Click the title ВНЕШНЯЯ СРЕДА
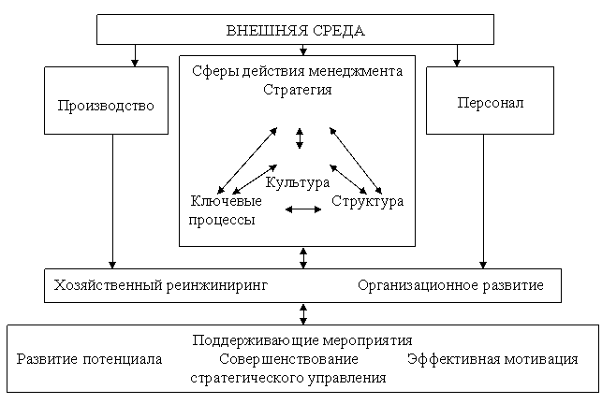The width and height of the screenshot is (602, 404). pyautogui.click(x=295, y=30)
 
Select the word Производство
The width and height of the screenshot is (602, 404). pyautogui.click(x=106, y=106)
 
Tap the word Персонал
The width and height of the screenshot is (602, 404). pyautogui.click(x=491, y=103)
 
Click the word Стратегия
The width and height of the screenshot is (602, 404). pyautogui.click(x=297, y=90)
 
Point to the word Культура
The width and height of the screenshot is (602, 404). pyautogui.click(x=298, y=182)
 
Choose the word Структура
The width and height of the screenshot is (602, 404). pyautogui.click(x=367, y=201)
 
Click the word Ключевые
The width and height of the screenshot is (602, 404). pyautogui.click(x=227, y=201)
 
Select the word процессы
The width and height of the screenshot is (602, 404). pyautogui.click(x=222, y=220)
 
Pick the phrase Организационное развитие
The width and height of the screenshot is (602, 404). pyautogui.click(x=450, y=286)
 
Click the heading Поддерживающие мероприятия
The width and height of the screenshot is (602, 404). pyautogui.click(x=302, y=340)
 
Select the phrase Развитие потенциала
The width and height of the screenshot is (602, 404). pyautogui.click(x=90, y=359)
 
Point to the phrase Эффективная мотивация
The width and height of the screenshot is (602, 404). pyautogui.click(x=492, y=359)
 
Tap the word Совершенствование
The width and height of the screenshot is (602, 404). pyautogui.click(x=288, y=359)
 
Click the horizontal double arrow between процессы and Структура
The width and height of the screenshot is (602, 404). pyautogui.click(x=303, y=209)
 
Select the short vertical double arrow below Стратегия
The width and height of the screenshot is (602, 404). pyautogui.click(x=300, y=138)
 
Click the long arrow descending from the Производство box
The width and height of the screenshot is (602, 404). pyautogui.click(x=112, y=201)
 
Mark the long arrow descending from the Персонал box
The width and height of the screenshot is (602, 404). pyautogui.click(x=483, y=201)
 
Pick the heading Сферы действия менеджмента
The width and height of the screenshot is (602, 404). pyautogui.click(x=297, y=72)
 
